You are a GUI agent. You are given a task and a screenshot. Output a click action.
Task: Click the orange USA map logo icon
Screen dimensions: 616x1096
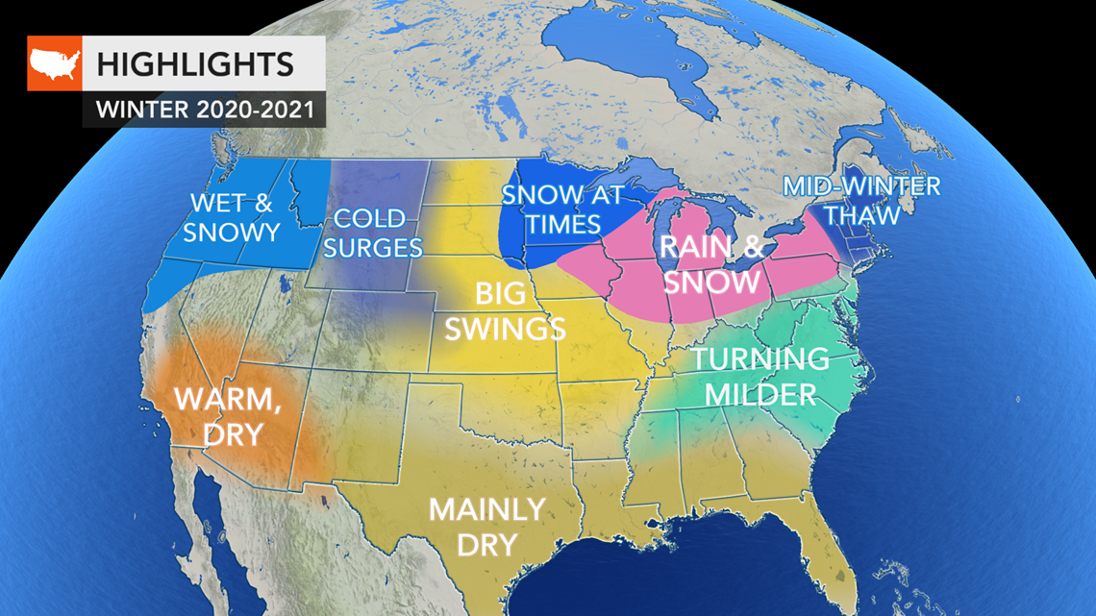tap(54, 63)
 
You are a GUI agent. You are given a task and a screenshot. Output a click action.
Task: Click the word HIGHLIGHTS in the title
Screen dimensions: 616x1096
tap(194, 64)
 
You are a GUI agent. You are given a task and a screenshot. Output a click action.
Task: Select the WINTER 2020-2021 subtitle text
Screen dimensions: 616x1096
tap(205, 110)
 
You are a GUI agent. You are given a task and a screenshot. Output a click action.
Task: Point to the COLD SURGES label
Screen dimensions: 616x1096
tap(373, 233)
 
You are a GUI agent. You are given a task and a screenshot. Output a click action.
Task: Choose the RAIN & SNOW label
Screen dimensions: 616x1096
tap(710, 263)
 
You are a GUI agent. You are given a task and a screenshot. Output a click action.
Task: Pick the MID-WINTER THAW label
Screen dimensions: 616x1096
tap(861, 199)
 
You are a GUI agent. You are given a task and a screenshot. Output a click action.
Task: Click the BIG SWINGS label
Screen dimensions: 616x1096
tap(505, 311)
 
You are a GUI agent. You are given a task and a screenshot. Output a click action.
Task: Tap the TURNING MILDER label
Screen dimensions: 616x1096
tap(760, 376)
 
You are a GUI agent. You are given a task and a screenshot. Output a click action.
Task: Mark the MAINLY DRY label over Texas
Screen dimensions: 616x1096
tap(486, 525)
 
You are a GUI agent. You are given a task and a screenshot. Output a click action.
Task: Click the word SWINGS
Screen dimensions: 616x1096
tap(505, 329)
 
